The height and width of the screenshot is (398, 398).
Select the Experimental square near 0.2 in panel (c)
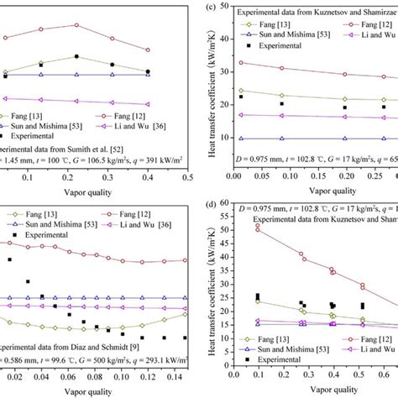pyautogui.click(x=344, y=107)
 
